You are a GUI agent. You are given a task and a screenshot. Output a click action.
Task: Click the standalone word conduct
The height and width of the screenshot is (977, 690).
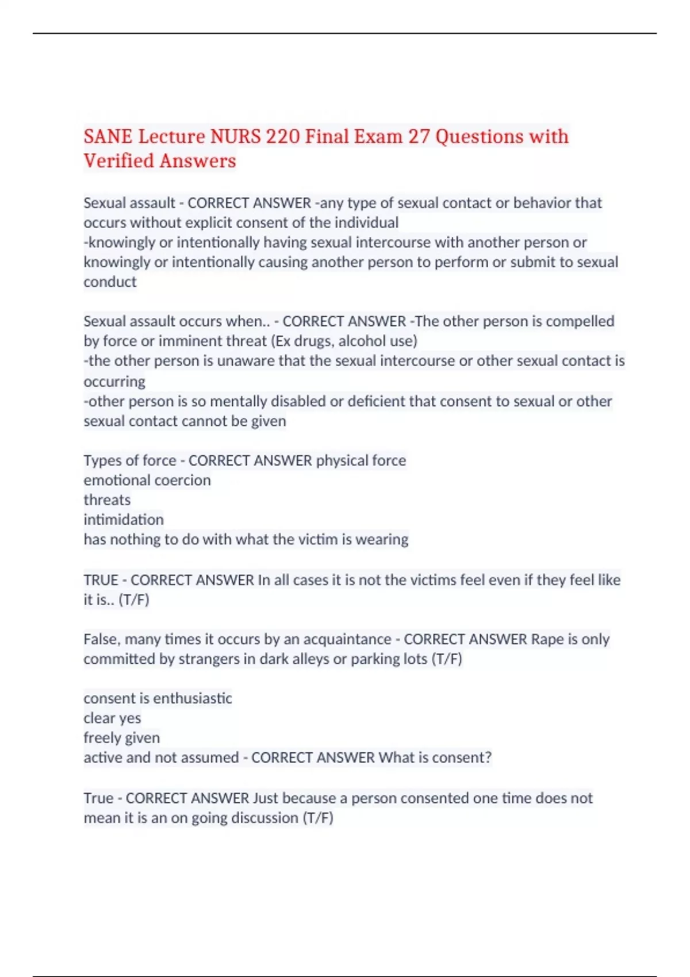click(x=110, y=282)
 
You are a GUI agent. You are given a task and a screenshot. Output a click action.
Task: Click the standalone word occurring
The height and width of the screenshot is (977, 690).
click(x=114, y=382)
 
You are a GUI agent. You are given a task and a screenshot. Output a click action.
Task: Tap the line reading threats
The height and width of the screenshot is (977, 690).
click(x=107, y=500)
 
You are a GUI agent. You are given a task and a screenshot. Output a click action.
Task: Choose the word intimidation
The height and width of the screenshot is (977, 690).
click(x=124, y=520)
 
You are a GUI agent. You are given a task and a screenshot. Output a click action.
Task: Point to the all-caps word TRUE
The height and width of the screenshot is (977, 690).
click(x=101, y=580)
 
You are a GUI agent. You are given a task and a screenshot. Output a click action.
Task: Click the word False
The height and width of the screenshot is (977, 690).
click(x=101, y=640)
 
